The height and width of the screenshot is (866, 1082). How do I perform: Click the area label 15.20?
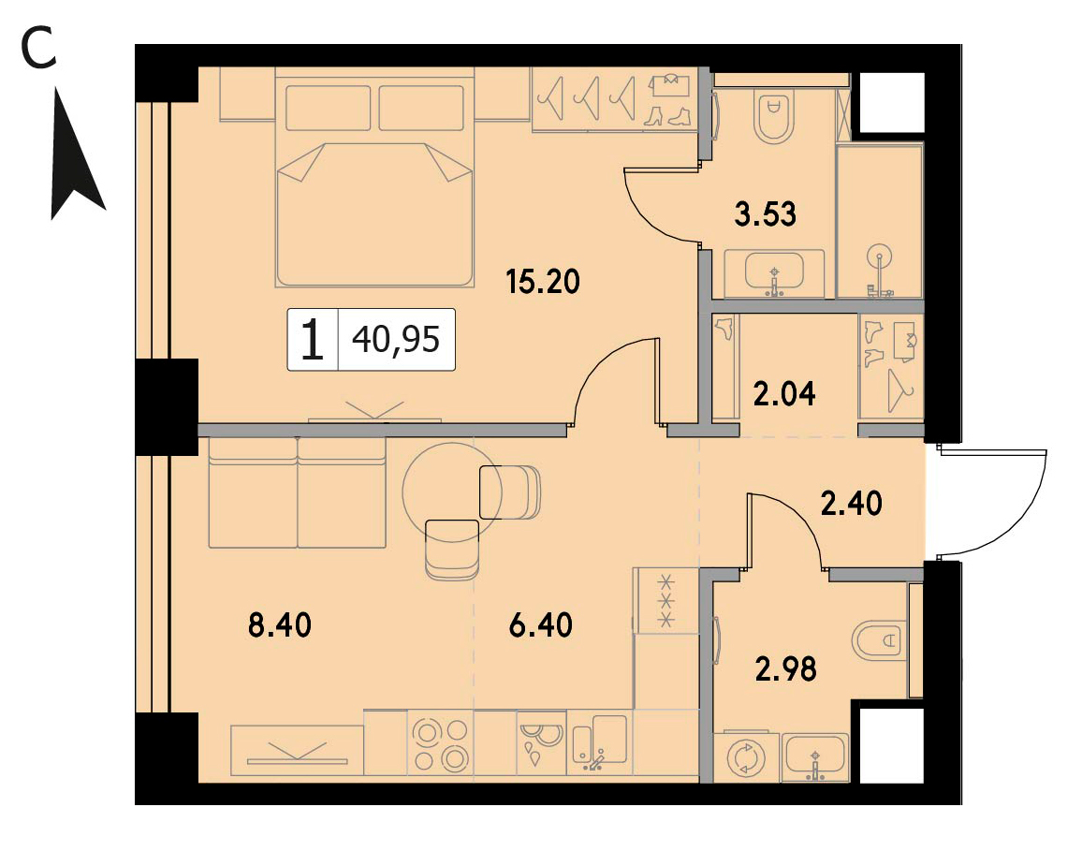tap(543, 282)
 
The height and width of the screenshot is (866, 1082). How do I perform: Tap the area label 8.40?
tap(280, 625)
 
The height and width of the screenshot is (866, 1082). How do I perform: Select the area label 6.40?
tap(540, 625)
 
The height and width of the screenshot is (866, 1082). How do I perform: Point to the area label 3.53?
tap(766, 213)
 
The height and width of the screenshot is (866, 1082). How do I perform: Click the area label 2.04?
tap(784, 394)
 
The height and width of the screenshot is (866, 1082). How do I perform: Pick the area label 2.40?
tap(851, 504)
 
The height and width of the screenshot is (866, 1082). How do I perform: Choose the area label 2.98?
tap(786, 668)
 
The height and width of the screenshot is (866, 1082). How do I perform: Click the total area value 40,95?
tap(396, 340)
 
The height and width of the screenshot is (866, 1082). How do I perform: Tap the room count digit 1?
tap(313, 340)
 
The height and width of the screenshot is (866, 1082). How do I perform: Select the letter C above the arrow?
tap(38, 49)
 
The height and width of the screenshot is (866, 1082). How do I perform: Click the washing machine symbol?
tap(747, 757)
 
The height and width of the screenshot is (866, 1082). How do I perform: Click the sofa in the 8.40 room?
tap(297, 492)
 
